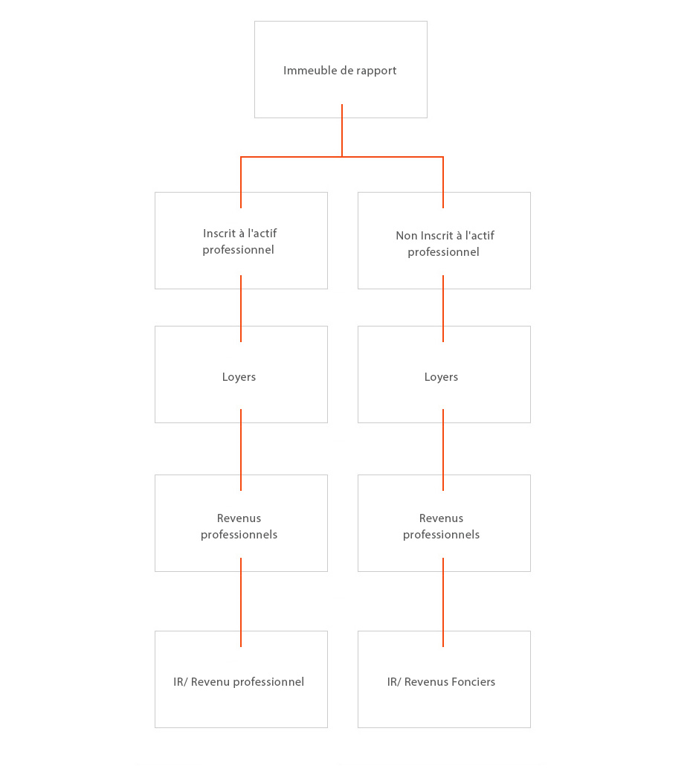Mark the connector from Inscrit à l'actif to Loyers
(x=241, y=308)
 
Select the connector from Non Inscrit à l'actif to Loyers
(x=443, y=308)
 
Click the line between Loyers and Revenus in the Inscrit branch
(x=241, y=449)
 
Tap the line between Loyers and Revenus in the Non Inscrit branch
(x=443, y=449)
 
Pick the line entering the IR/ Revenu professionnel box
(x=241, y=602)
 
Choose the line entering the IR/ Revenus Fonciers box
(x=443, y=602)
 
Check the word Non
(x=407, y=236)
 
